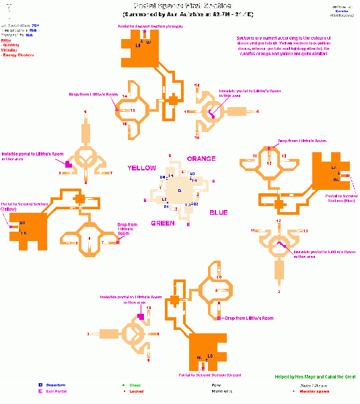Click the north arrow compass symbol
[8, 9]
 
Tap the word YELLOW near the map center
[142, 168]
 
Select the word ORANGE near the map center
[201, 159]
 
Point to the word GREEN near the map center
[163, 223]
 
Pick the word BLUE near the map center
[218, 212]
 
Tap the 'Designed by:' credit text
[342, 5]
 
